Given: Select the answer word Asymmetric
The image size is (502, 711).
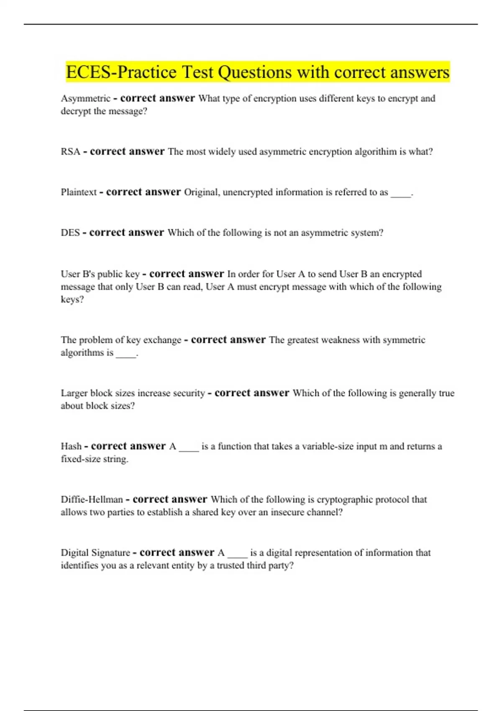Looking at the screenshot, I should pos(85,99).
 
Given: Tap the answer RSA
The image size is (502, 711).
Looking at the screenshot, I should pos(70,152).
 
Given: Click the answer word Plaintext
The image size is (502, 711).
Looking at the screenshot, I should pos(79,192).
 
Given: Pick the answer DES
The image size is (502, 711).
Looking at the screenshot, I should pos(70,233).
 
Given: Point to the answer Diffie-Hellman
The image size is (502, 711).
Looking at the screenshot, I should pos(92,500).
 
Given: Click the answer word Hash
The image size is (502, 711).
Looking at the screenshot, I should pos(71,447).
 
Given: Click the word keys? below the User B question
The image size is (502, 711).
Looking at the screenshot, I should pos(72,300).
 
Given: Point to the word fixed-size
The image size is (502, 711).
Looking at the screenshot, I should pos(79,459).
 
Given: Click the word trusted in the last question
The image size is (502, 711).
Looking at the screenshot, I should pos(232,565).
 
